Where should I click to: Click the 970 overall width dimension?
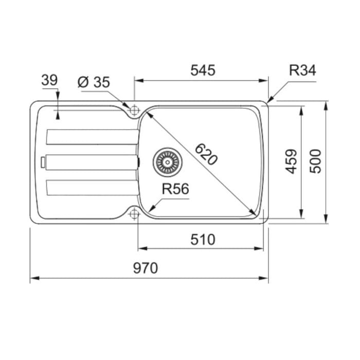pos(146,268)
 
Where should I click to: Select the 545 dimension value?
pos(203,70)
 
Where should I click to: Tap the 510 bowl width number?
pos(203,240)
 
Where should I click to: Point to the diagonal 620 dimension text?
pos(206,154)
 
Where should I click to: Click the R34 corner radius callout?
pos(302,70)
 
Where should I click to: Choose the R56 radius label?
pos(175,189)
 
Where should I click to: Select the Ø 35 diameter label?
pos(94,82)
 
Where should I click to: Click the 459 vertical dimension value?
pos(291,161)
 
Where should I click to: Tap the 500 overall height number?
pos(315,161)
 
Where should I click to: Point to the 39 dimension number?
pos(49,80)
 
